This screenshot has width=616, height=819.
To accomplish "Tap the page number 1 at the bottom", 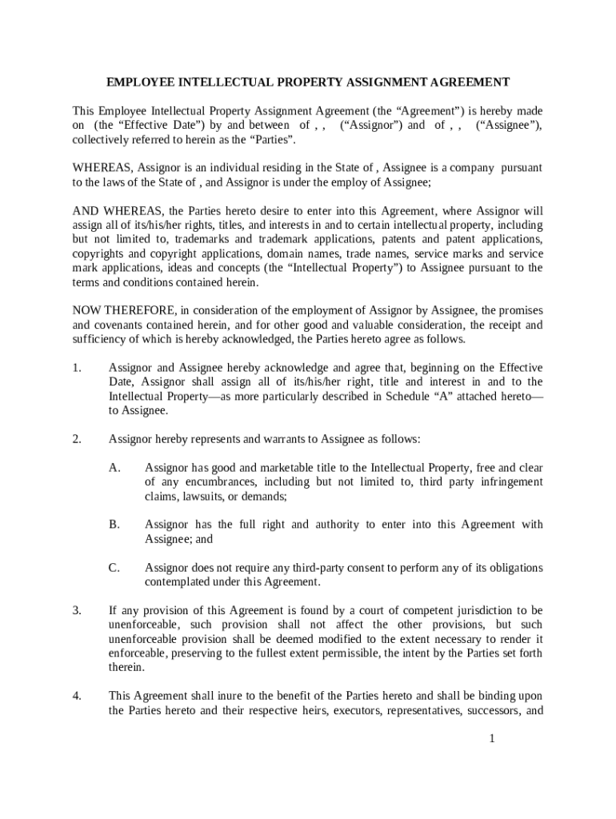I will click(x=494, y=738).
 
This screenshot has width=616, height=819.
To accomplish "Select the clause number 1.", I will click(x=77, y=368).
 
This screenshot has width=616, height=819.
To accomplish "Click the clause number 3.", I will click(x=77, y=610).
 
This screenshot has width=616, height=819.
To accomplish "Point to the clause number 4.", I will click(x=77, y=696).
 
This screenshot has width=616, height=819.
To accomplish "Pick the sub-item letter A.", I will click(x=114, y=467).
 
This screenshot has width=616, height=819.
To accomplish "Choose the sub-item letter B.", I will click(x=114, y=525).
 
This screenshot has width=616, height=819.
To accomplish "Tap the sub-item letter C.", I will click(x=114, y=568).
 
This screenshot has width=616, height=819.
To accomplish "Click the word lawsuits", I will click(x=207, y=496).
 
